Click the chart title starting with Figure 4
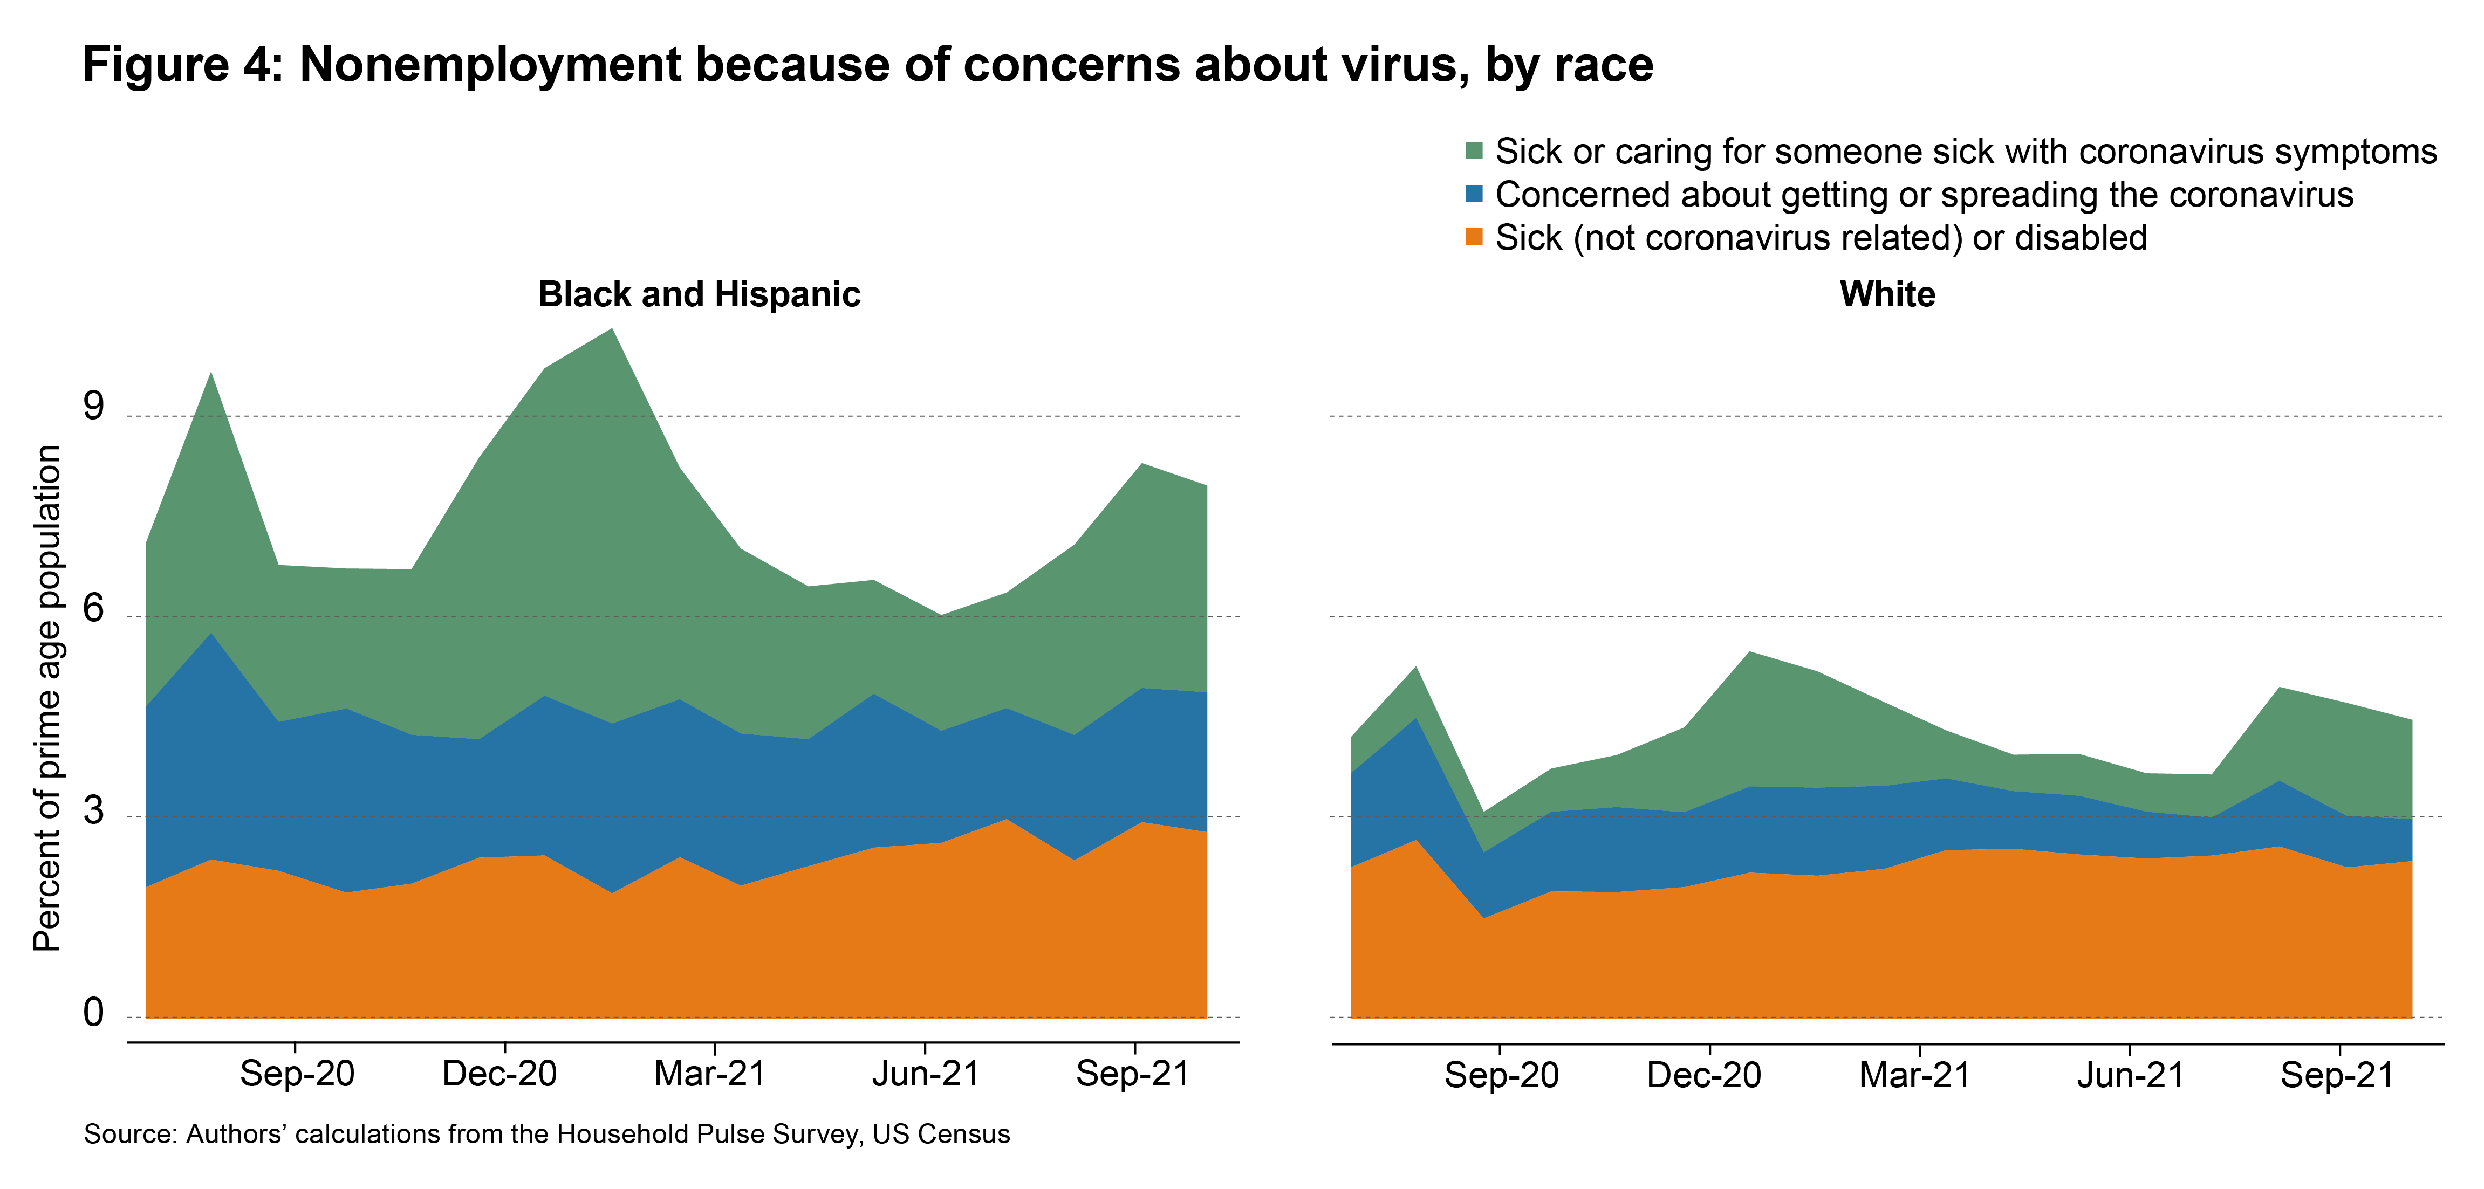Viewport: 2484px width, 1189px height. coord(868,66)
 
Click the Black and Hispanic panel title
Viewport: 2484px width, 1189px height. coord(699,294)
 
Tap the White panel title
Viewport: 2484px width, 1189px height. coord(1887,294)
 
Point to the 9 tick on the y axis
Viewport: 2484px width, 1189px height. coord(93,407)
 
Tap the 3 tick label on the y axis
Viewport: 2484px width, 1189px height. coord(93,811)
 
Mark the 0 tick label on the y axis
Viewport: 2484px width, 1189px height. coord(93,1013)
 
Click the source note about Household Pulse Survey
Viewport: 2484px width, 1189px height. coord(547,1134)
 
